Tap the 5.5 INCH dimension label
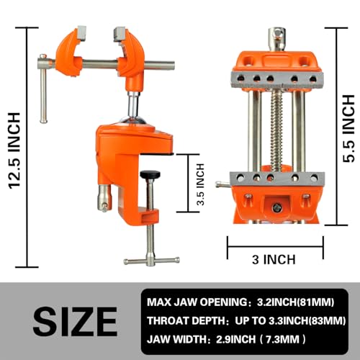(348, 124)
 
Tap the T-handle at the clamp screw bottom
(149, 261)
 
